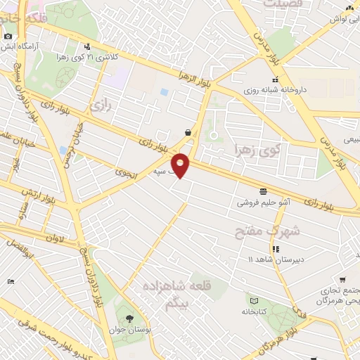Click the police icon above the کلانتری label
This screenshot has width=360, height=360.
tap(87, 45)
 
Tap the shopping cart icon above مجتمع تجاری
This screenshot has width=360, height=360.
tap(342, 279)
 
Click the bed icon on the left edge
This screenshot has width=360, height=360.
tap(10, 281)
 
